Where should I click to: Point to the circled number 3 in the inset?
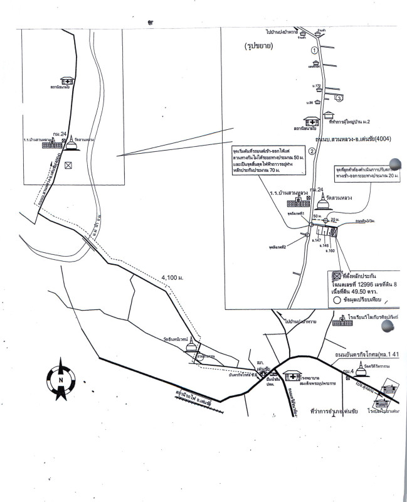pos(339,99)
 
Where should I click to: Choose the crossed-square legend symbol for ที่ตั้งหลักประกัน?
pos(336,275)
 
